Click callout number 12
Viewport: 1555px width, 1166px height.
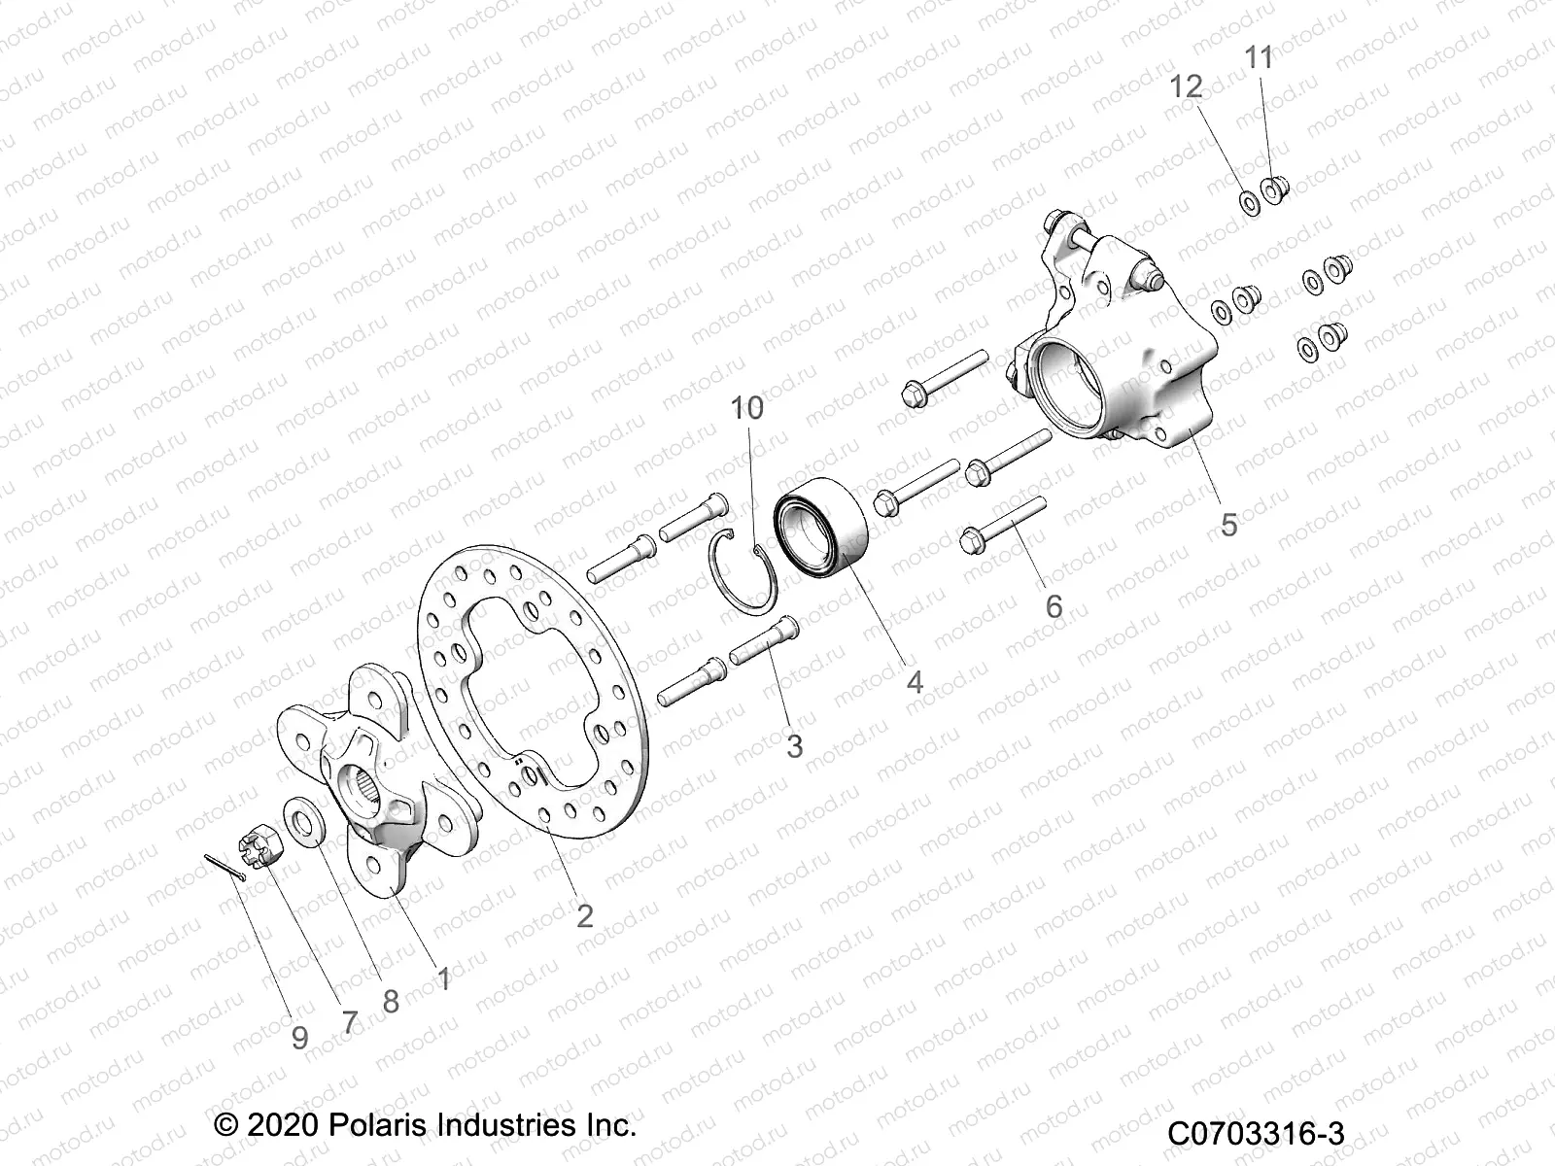point(1187,86)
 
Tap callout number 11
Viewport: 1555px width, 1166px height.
point(1259,58)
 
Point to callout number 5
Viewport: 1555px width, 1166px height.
point(1229,526)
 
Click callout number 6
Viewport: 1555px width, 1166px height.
point(1054,607)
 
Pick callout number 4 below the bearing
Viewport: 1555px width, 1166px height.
point(915,682)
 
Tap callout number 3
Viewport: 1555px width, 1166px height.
point(795,746)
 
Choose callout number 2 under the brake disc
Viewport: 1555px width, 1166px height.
point(584,915)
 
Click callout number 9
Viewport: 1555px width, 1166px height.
point(300,1038)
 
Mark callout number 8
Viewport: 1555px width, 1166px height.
point(391,1002)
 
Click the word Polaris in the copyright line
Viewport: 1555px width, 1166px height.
point(374,1127)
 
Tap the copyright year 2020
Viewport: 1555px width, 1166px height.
point(281,1127)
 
